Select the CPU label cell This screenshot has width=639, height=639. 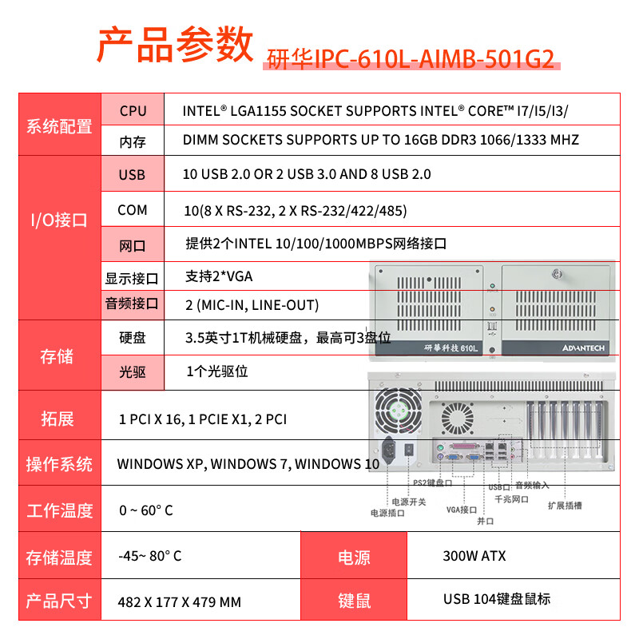tap(133, 110)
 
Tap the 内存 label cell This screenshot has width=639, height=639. tap(133, 141)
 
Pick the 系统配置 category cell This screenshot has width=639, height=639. tap(59, 126)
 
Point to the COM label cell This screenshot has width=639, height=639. tap(133, 210)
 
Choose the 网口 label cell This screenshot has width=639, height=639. tap(133, 244)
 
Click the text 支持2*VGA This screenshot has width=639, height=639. tap(219, 276)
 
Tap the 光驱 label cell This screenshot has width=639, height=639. tap(133, 371)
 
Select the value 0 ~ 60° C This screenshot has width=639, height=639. tap(145, 510)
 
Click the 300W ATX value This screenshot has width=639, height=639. tap(474, 556)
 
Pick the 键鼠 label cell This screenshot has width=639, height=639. tap(354, 600)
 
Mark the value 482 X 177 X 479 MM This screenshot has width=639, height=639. tap(179, 601)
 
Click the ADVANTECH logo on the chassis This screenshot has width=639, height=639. tap(584, 347)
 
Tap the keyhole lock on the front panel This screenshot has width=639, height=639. tap(556, 273)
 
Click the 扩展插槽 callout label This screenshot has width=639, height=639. tap(565, 505)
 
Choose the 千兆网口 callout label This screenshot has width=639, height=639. tap(513, 498)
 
